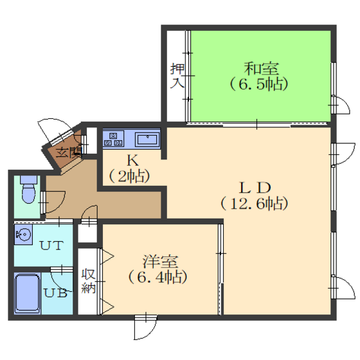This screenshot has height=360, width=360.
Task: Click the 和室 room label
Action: pyautogui.click(x=261, y=69)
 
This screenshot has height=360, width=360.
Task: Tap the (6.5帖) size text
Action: pyautogui.click(x=258, y=84)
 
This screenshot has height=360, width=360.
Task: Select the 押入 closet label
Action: pyautogui.click(x=177, y=76)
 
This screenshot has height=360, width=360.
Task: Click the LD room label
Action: pyautogui.click(x=255, y=188)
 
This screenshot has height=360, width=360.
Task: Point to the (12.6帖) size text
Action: pyautogui.click(x=254, y=204)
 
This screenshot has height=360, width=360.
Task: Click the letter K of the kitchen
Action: pyautogui.click(x=132, y=160)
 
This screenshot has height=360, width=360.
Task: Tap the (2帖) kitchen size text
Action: pyautogui.click(x=129, y=176)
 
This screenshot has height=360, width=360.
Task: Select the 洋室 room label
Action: pyautogui.click(x=160, y=262)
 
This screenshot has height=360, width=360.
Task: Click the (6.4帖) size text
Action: pyautogui.click(x=157, y=277)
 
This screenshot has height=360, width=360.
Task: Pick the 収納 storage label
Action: pyautogui.click(x=89, y=281)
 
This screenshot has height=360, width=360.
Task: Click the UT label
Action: pyautogui.click(x=51, y=246)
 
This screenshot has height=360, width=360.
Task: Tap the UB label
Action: pyautogui.click(x=55, y=293)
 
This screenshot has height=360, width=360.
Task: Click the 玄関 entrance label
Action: pyautogui.click(x=69, y=152)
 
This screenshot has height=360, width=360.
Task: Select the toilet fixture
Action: pyautogui.click(x=29, y=190)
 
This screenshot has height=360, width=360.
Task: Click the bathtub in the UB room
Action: pyautogui.click(x=27, y=293)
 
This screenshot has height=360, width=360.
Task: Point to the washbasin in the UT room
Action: pyautogui.click(x=23, y=235)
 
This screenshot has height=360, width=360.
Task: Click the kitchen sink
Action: pyautogui.click(x=147, y=139)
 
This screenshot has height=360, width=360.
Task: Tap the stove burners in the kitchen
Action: pyautogui.click(x=113, y=139)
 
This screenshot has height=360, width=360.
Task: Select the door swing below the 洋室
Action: pyautogui.click(x=145, y=327)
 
